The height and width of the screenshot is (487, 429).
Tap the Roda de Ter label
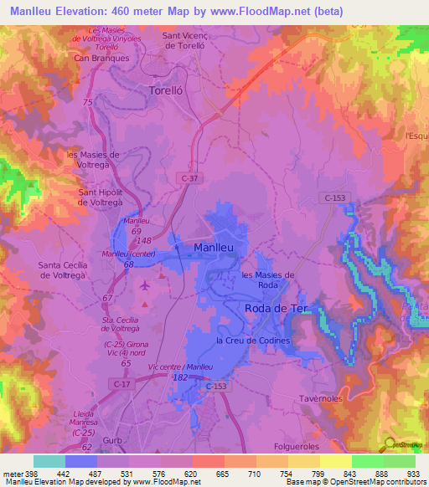click(277, 309)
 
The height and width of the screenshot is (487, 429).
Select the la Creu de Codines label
click(253, 341)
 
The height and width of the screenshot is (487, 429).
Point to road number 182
click(178, 378)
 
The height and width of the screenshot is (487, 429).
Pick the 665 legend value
click(221, 473)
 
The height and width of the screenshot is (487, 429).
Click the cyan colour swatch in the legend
click(49, 460)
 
